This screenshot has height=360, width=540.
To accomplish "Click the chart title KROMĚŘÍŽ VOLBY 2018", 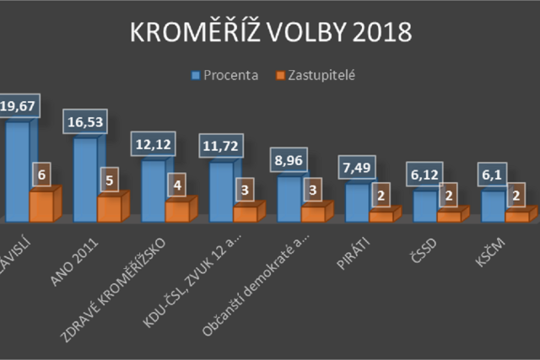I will tap(270, 32).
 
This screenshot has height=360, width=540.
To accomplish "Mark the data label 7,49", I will tap(357, 169).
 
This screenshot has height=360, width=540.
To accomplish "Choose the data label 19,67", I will tap(17, 106).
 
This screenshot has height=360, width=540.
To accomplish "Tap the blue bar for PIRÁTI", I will tap(357, 202).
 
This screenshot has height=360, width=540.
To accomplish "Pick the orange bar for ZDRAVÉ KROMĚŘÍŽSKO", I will tap(177, 211).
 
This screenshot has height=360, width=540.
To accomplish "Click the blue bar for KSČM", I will tap(493, 205).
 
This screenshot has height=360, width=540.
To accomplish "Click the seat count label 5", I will tap(106, 180).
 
